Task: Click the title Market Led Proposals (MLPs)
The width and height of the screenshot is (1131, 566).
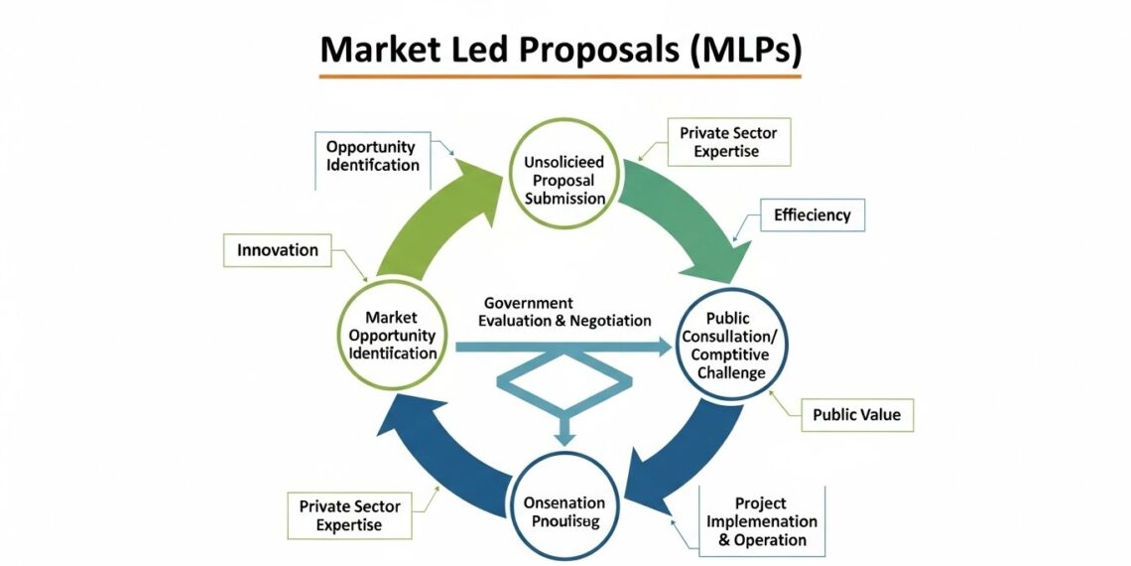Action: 561,49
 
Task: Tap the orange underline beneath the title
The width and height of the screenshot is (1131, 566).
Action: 561,76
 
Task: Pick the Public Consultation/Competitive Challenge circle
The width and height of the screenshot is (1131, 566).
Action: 733,345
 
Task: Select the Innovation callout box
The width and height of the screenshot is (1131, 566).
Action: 278,250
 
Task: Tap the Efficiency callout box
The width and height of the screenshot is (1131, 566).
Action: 812,214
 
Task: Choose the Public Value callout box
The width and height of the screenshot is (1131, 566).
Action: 856,414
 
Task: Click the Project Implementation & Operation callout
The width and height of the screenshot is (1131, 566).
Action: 762,522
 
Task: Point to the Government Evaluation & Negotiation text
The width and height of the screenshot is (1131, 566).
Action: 565,312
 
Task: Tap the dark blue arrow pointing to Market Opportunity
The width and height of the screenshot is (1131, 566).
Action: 437,447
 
